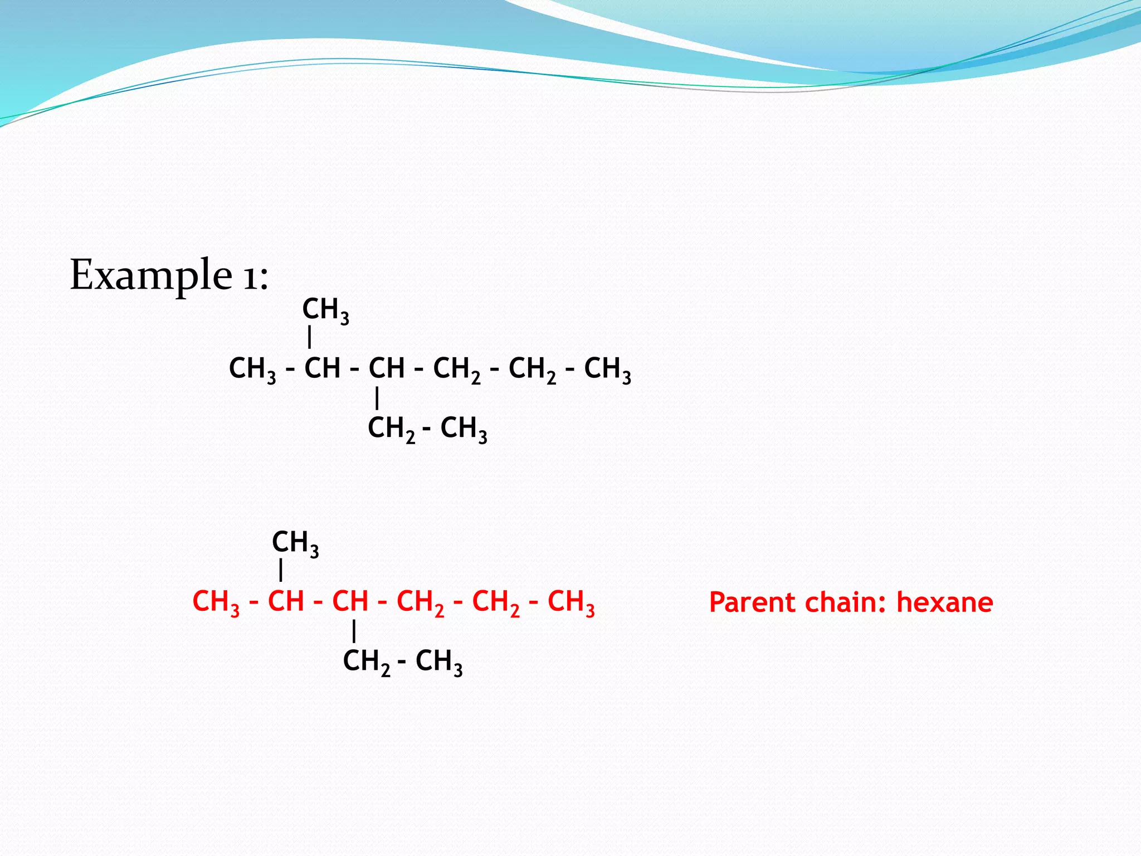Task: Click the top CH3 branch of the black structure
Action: (x=325, y=309)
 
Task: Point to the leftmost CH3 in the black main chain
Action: (x=252, y=369)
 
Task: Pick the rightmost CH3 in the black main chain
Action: (x=607, y=369)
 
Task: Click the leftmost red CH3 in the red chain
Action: (x=216, y=602)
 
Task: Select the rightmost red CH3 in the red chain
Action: (x=571, y=602)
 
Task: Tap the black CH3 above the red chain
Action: (x=295, y=543)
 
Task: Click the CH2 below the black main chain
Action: (x=391, y=429)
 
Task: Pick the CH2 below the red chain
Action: (x=366, y=662)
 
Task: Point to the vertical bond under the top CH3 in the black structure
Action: (x=310, y=338)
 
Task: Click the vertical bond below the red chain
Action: (x=354, y=631)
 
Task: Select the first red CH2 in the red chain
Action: (x=420, y=602)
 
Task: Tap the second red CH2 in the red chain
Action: (x=495, y=602)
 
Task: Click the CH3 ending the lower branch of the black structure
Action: (x=464, y=429)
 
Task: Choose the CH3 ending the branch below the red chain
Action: (x=439, y=662)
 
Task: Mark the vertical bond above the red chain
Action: (x=281, y=571)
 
